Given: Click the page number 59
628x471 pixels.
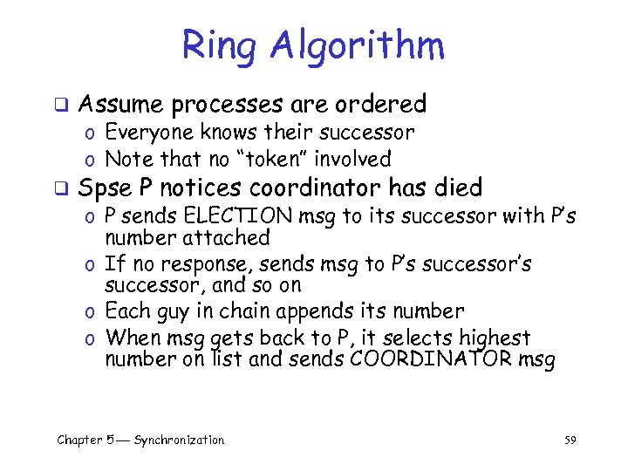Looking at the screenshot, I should click(570, 440).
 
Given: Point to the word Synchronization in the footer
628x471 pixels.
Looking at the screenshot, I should click(179, 440).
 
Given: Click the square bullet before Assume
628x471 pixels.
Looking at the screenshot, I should click(61, 106).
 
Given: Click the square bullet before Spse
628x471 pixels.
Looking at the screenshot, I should click(61, 189).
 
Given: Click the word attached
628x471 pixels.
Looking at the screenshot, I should click(226, 237).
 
